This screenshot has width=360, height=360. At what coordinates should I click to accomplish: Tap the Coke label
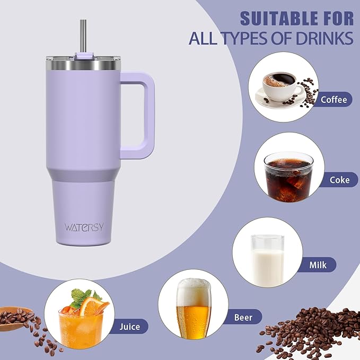(339, 180)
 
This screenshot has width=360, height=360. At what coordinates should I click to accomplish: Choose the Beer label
(247, 318)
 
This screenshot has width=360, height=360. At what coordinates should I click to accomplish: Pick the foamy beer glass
(193, 310)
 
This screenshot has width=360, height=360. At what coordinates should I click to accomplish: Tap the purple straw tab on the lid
(84, 55)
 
